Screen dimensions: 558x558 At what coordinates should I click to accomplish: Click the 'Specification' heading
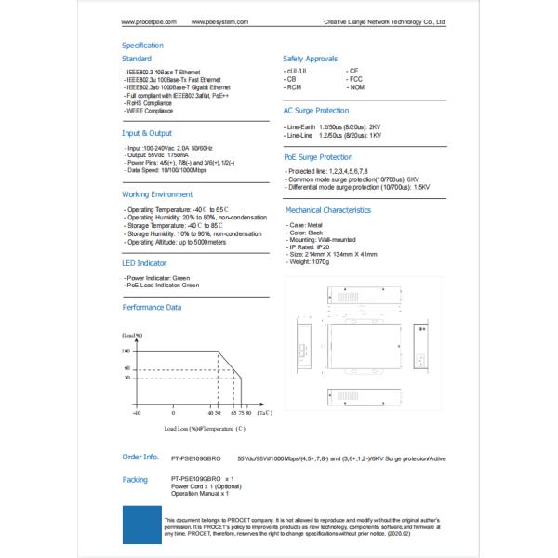tap(143, 45)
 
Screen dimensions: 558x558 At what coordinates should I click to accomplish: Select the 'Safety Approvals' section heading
tap(310, 59)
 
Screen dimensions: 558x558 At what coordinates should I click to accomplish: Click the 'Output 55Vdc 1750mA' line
tap(158, 154)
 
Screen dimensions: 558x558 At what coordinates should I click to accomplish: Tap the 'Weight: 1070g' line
tap(311, 261)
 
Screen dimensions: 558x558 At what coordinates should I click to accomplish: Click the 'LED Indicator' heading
tap(144, 263)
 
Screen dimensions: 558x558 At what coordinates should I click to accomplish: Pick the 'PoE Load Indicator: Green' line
tap(163, 285)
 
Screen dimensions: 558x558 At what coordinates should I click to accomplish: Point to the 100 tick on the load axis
tap(126, 351)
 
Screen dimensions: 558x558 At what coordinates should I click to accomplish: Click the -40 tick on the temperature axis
tap(137, 412)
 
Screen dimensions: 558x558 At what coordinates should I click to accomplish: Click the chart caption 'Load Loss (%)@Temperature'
tap(205, 429)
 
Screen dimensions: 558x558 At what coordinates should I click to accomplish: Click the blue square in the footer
tap(140, 524)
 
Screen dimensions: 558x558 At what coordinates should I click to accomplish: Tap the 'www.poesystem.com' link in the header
tap(215, 20)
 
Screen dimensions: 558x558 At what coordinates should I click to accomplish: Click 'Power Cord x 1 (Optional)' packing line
tap(206, 486)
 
